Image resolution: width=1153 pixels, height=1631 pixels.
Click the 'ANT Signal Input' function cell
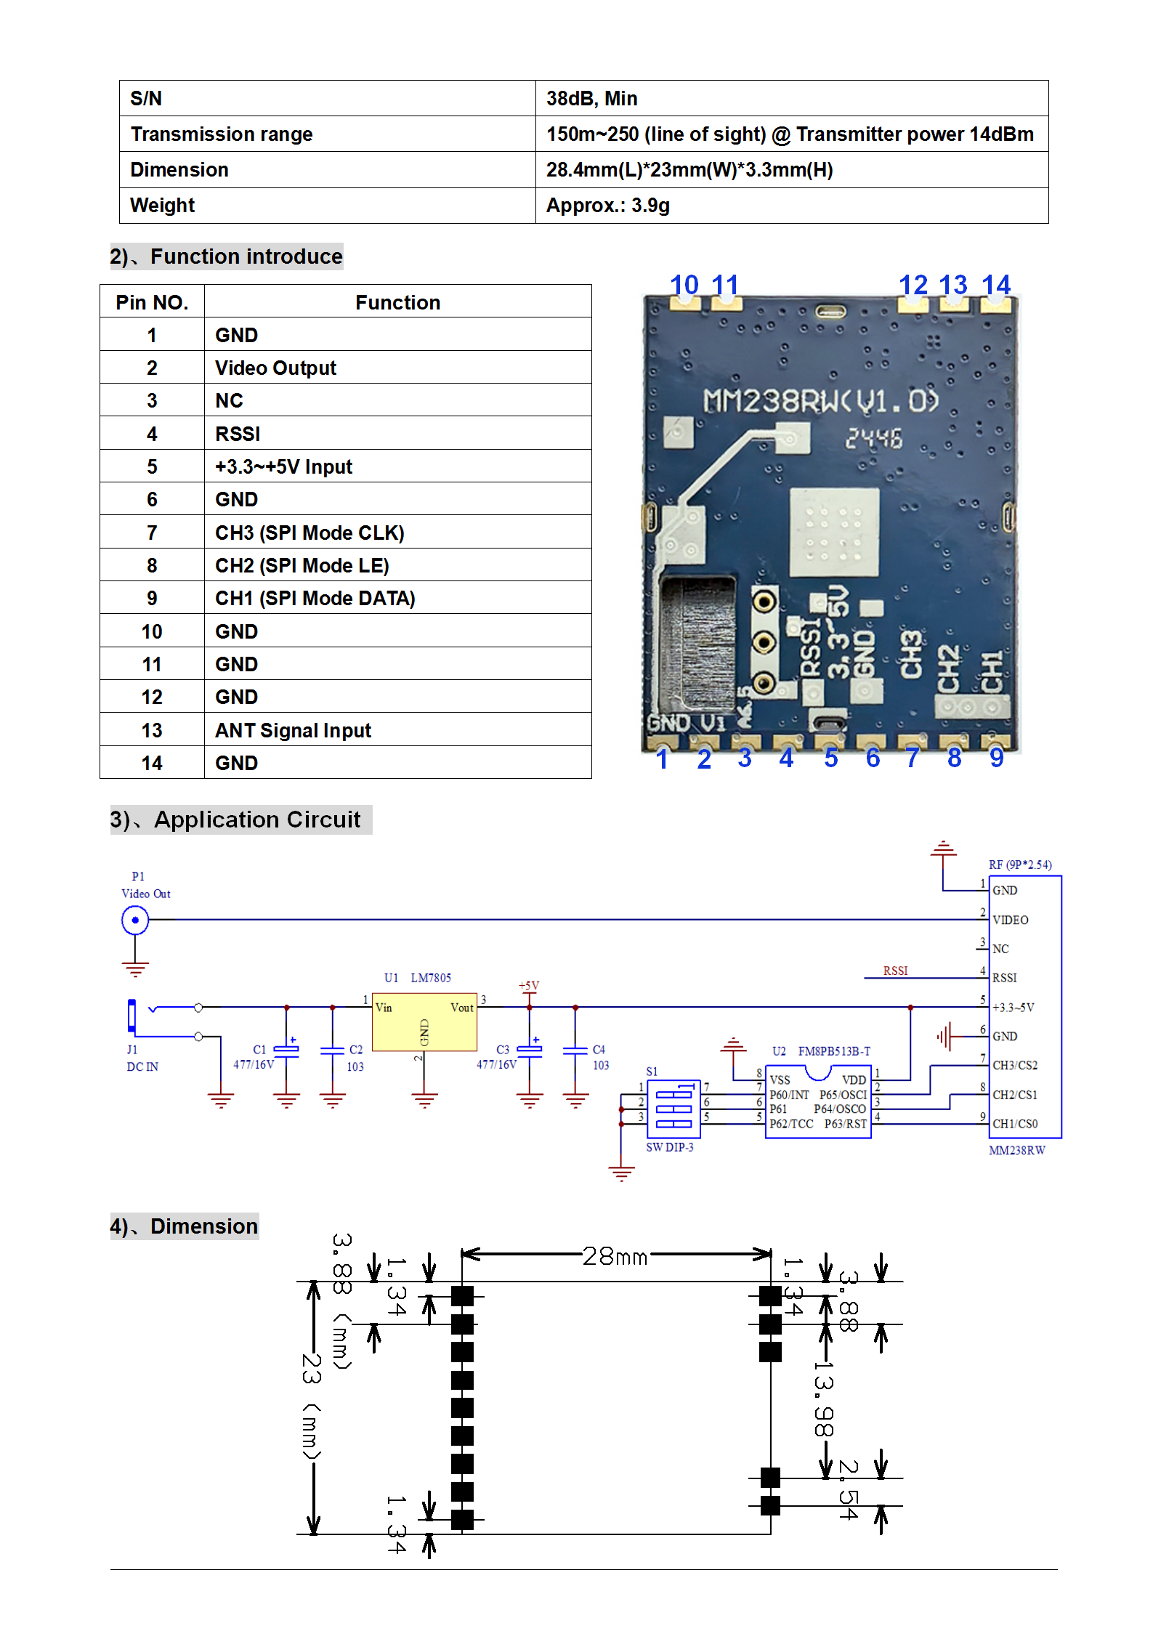293,730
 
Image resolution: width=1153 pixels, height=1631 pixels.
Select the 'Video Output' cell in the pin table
275,368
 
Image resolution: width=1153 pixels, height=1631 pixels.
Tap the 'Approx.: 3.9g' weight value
607,206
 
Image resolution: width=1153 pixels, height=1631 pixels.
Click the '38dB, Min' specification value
591,98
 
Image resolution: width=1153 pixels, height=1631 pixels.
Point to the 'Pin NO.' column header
152,302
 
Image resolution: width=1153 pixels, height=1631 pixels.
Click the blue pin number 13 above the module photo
952,285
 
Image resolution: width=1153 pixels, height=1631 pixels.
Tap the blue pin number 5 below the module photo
831,758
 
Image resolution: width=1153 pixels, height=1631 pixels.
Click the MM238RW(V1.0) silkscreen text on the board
821,401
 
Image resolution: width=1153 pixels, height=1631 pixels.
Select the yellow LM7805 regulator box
424,1021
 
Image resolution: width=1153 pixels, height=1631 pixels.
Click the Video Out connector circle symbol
135,920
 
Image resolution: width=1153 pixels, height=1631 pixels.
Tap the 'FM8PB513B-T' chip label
834,1051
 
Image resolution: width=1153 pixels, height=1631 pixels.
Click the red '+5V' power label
529,986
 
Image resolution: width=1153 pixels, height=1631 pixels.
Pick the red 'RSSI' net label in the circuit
895,971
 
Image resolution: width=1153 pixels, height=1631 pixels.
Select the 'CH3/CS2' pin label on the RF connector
1015,1065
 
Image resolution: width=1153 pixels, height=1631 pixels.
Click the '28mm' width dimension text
615,1256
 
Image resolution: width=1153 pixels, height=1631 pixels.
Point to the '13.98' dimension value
823,1399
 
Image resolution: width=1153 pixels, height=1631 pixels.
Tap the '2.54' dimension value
849,1490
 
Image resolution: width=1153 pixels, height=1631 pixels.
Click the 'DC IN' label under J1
142,1067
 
